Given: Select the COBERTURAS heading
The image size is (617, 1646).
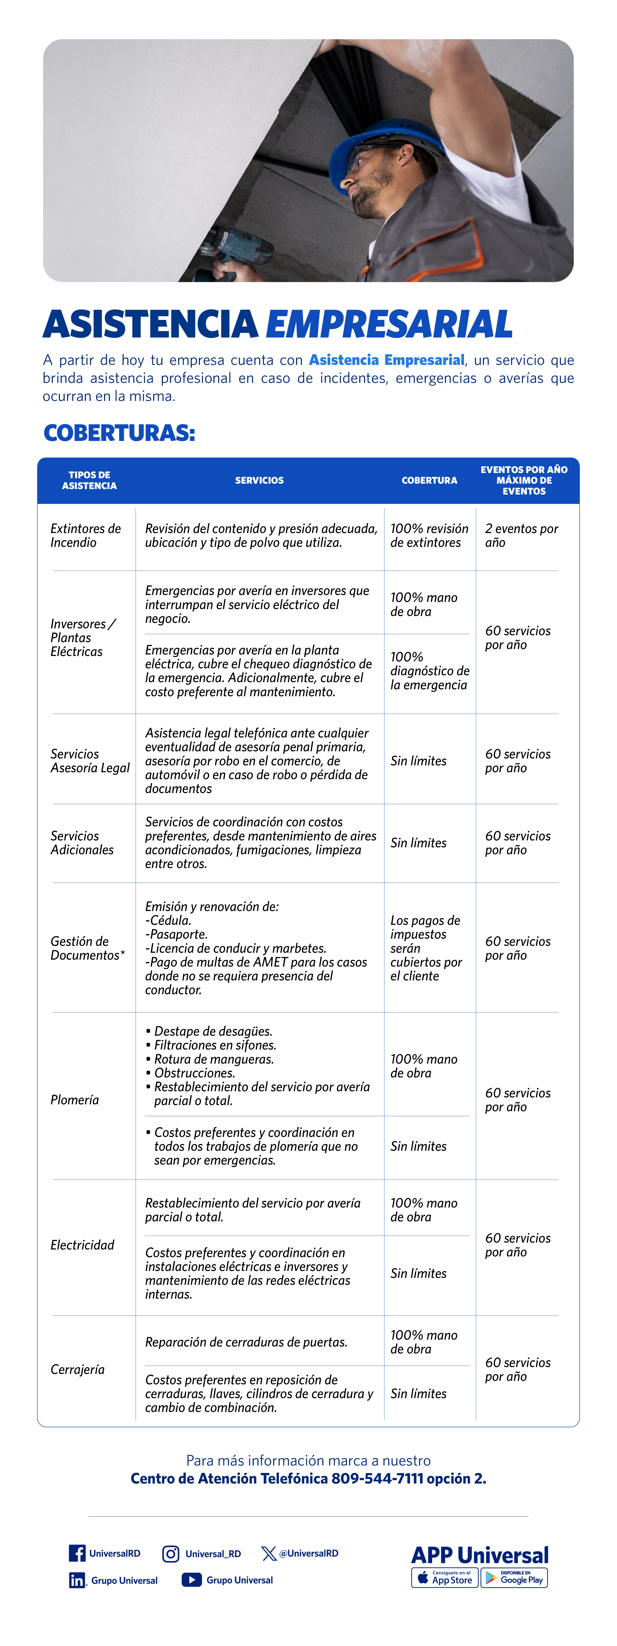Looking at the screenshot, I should (119, 433).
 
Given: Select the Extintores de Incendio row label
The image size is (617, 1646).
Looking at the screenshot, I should (86, 535).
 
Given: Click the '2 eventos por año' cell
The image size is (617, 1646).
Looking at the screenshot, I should (521, 535).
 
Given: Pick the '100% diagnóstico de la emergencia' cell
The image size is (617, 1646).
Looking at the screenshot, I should (429, 671).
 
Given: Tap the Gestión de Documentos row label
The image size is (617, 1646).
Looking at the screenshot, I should (87, 948).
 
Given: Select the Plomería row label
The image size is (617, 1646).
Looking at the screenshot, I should (75, 1100).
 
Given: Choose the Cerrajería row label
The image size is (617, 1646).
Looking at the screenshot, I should (77, 1369).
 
